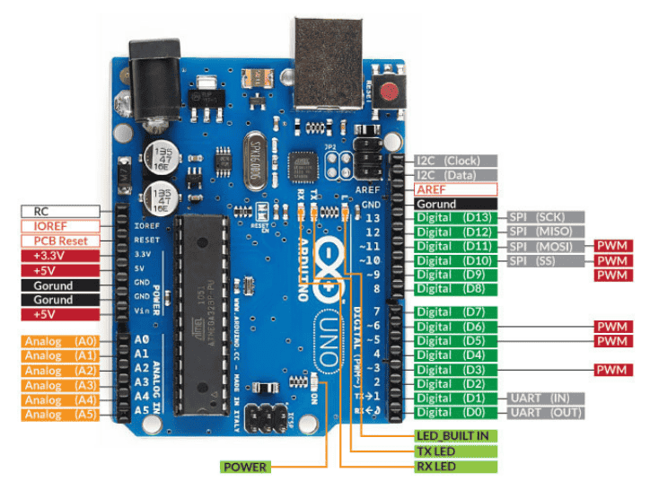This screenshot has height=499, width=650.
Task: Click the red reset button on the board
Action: (x=389, y=90)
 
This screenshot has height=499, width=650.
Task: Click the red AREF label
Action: (x=456, y=189)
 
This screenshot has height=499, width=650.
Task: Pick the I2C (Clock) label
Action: (x=456, y=161)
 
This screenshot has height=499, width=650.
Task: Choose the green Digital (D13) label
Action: (x=456, y=218)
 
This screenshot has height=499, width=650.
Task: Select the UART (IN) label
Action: (x=547, y=398)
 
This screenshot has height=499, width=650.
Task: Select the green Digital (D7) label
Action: (x=456, y=311)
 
